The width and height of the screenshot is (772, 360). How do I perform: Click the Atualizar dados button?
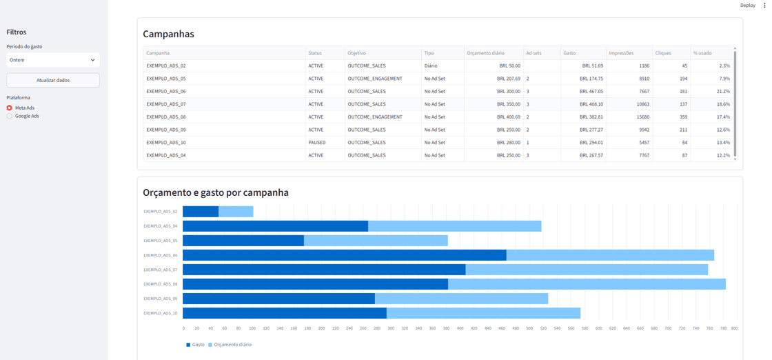coord(53,80)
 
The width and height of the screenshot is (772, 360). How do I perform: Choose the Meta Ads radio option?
coord(23,108)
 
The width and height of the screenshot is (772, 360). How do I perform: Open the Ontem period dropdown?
coord(53,60)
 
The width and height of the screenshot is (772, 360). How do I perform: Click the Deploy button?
coord(747,6)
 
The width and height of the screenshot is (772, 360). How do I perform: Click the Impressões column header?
coord(621,52)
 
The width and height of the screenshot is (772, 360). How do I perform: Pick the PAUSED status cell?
coord(316,143)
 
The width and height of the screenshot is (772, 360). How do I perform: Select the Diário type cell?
coord(430,66)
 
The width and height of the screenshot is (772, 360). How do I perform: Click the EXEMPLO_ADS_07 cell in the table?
coord(166,104)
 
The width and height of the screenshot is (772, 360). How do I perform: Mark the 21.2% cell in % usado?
coord(723,92)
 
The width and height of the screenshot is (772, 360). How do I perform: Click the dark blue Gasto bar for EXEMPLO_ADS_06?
coord(345,255)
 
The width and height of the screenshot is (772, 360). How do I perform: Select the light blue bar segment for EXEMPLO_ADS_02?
coord(236,211)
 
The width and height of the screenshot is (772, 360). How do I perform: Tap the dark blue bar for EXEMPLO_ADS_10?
coord(285,313)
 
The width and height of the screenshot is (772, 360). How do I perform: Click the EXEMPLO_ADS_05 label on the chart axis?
coord(160,241)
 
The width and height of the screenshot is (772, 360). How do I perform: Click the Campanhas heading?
coord(168,34)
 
